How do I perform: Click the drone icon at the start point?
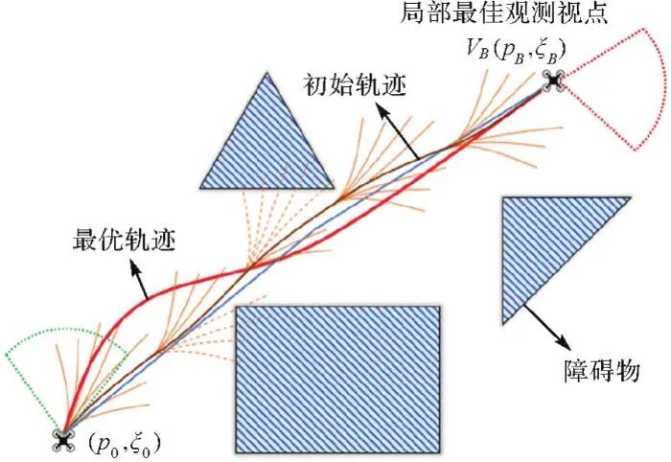click(x=65, y=440)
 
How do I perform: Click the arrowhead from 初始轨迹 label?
click(x=382, y=108)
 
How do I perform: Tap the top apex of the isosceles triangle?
click(x=262, y=76)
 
